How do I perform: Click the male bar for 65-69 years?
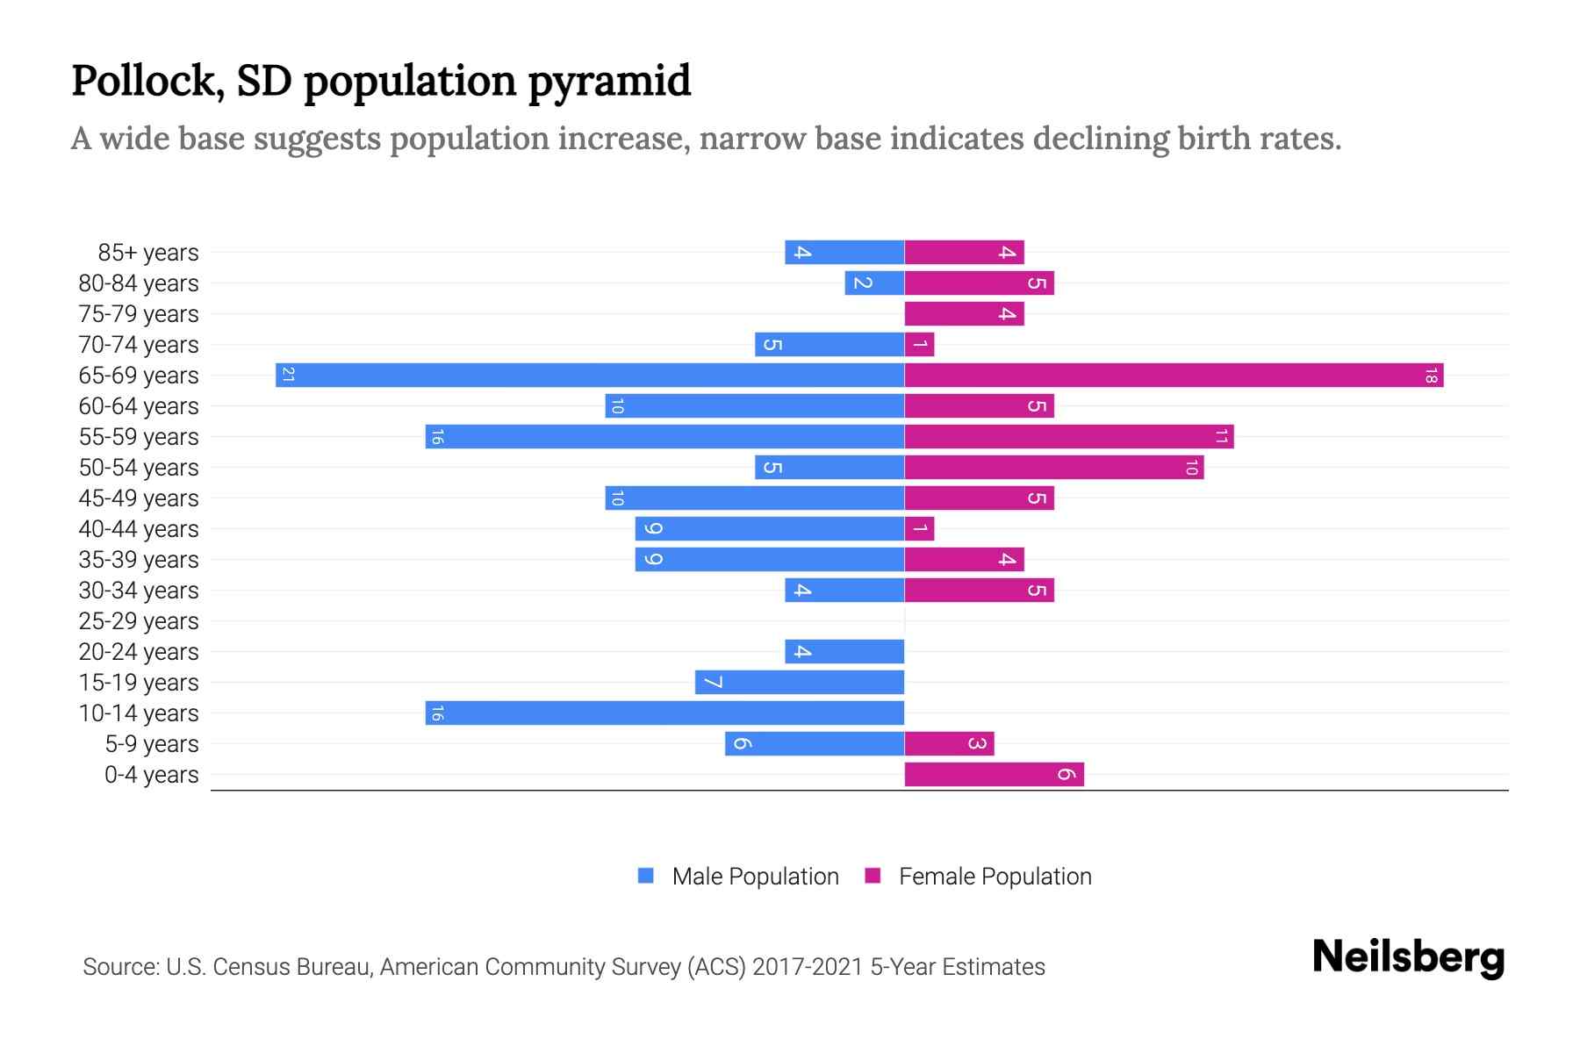point(590,376)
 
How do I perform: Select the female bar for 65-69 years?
point(1174,376)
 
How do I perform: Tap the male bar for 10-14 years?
point(664,713)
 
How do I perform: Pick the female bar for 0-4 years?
point(994,774)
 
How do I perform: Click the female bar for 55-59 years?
point(1068,436)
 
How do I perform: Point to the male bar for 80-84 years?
point(874,283)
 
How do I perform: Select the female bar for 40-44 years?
point(919,528)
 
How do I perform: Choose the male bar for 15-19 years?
point(799,682)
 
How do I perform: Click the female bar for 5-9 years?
point(949,743)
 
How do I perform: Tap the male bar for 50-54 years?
point(829,467)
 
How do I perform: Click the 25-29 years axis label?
point(139,620)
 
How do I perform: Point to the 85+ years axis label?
point(148,253)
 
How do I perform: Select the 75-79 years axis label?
point(139,314)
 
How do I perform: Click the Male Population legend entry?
point(755,876)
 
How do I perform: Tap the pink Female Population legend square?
point(873,876)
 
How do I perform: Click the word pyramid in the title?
point(609,81)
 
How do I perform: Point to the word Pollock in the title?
point(142,81)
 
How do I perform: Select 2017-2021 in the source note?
point(808,967)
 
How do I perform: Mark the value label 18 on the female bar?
point(1431,376)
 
